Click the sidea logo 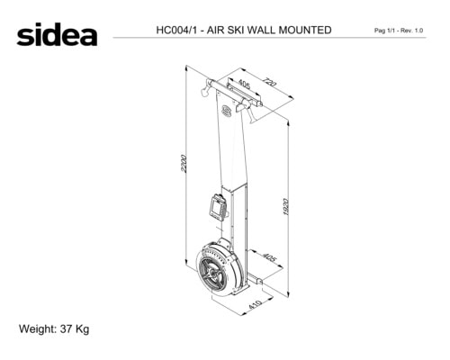[57, 34]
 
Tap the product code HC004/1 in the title [176, 30]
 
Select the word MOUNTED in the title [305, 30]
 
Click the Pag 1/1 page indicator [385, 31]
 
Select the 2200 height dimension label [184, 164]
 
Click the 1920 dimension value [286, 207]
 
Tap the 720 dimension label [269, 82]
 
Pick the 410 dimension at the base [256, 304]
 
